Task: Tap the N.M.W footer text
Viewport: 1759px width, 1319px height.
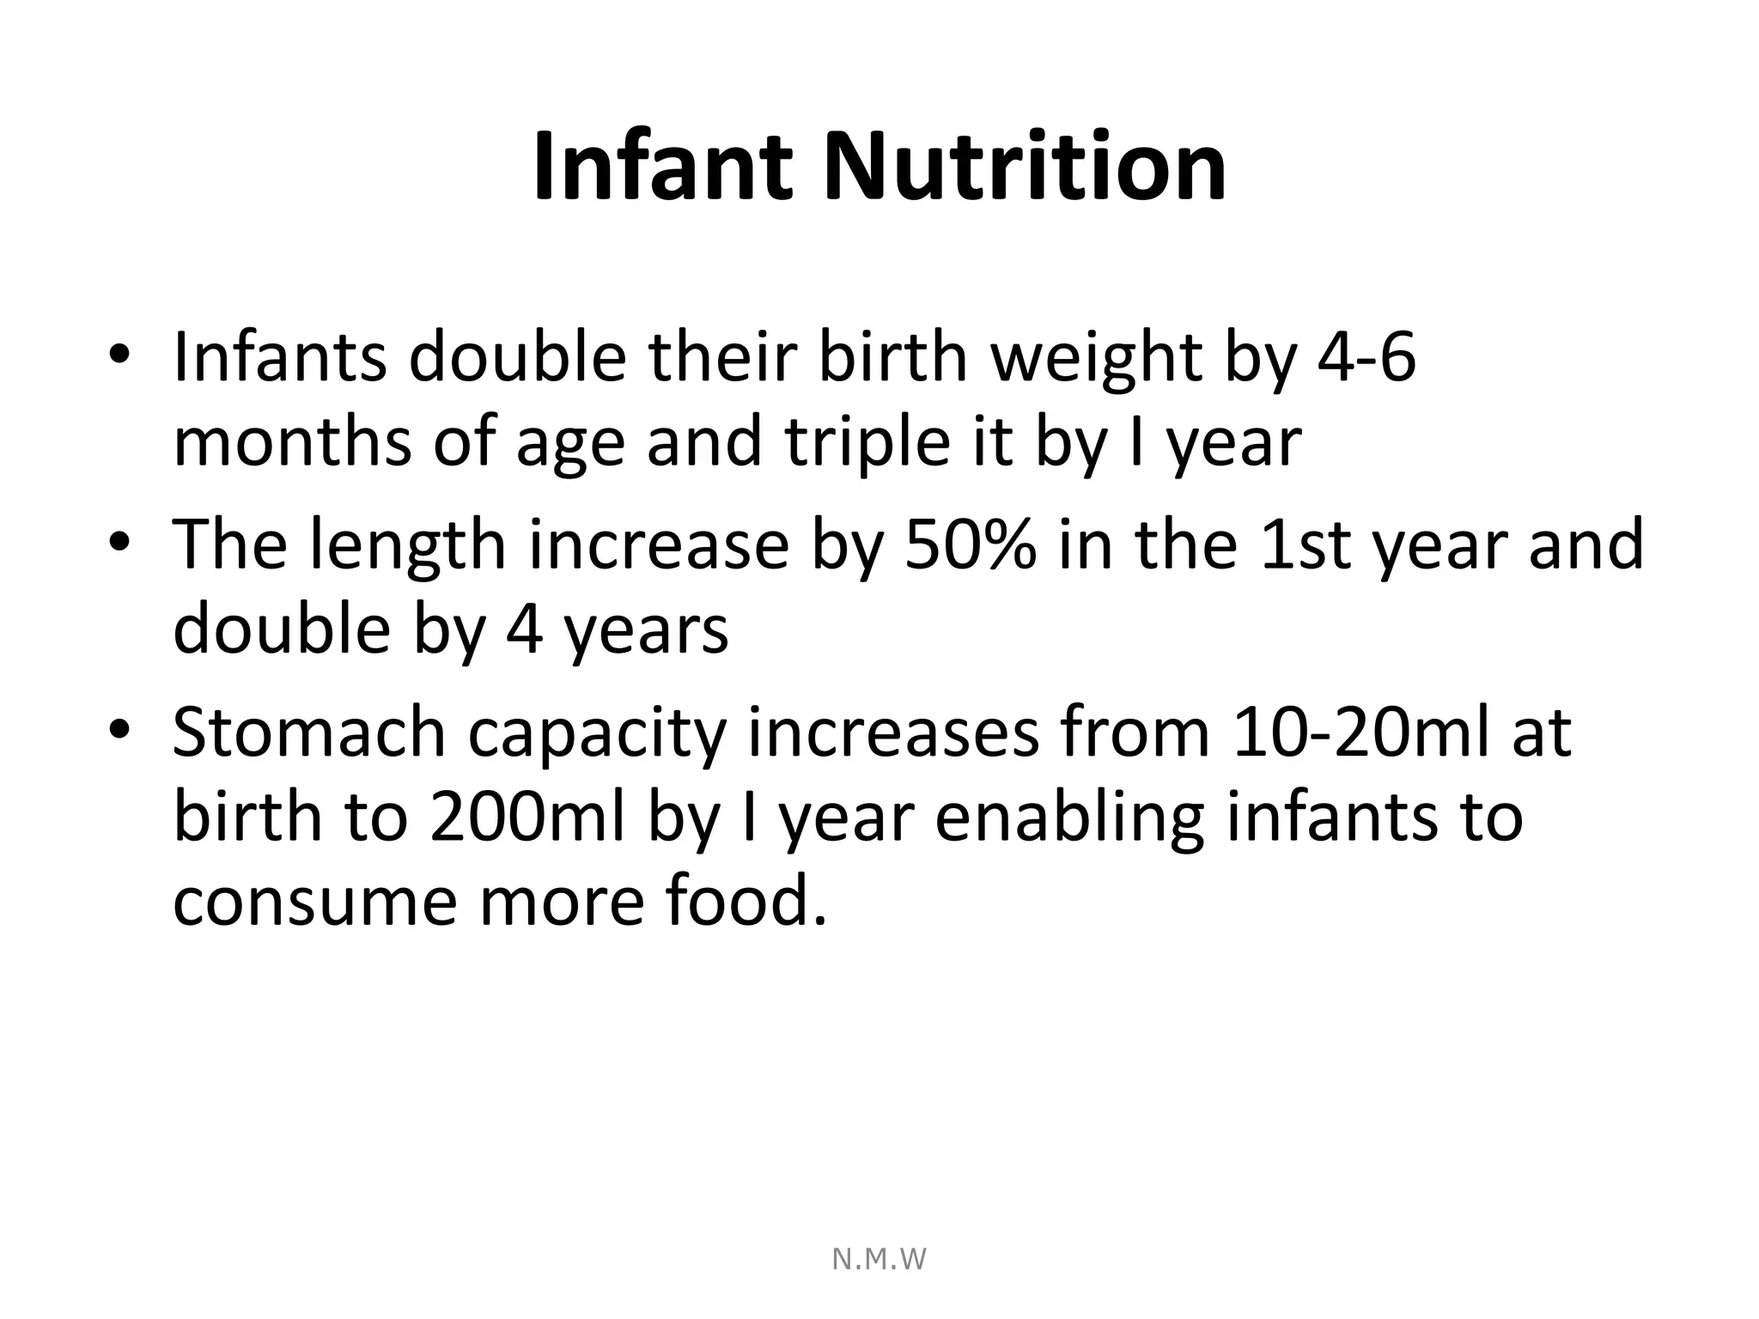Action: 879,1260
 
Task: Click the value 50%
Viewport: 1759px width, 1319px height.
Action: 971,544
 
